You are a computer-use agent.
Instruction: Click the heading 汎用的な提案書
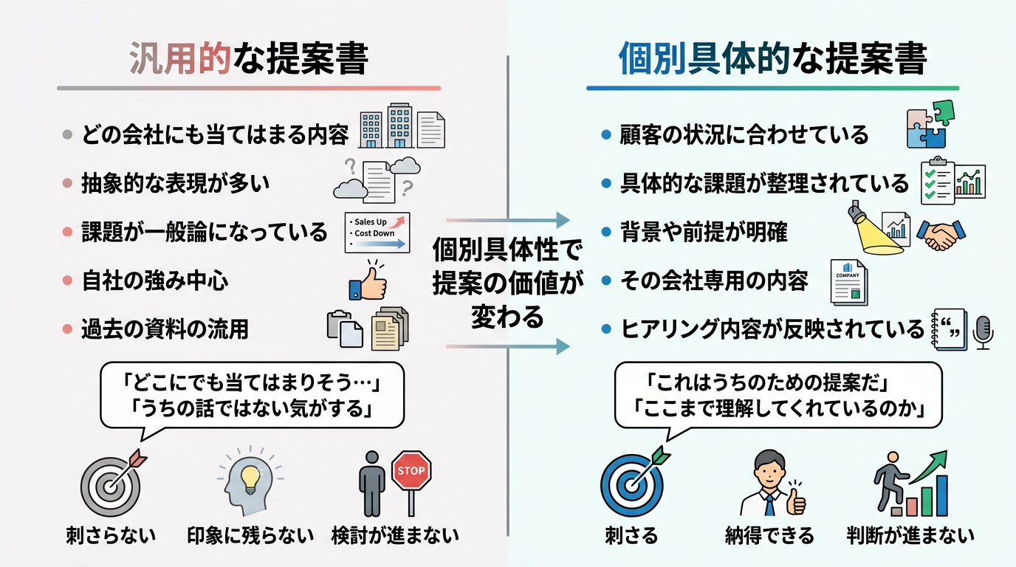[248, 60]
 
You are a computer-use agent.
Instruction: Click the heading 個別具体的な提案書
[772, 60]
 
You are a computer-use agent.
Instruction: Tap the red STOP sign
[411, 471]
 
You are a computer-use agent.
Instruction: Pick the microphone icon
[983, 331]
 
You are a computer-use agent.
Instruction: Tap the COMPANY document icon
[848, 281]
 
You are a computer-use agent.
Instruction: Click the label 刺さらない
[111, 535]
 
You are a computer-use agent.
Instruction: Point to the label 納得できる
[770, 535]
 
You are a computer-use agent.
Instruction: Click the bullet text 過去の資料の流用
[165, 329]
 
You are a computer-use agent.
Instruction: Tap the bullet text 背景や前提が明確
[704, 232]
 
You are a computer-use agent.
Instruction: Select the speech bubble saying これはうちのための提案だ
[778, 395]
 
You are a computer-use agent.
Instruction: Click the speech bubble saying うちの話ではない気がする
[252, 395]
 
